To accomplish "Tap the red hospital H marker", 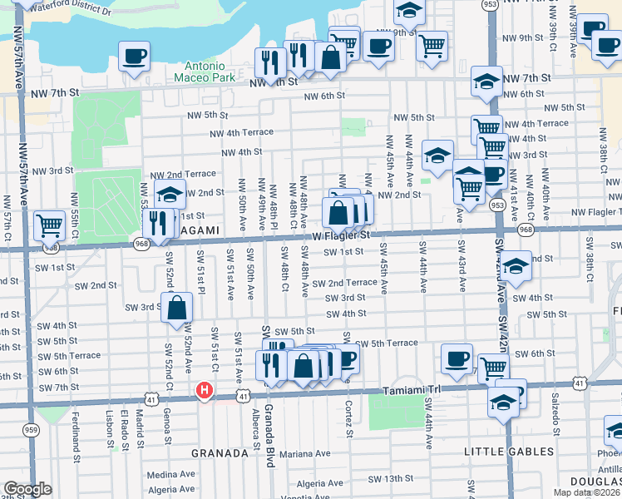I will point(204,389).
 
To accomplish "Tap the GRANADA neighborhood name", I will point(220,453).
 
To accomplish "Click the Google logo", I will point(27,489).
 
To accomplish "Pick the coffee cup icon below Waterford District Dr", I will point(134,56).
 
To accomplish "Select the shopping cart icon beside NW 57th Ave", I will point(49,224).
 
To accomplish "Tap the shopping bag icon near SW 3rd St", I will point(177,307).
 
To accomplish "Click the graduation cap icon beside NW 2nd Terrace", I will point(169,195).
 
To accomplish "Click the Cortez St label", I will point(349,420).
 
